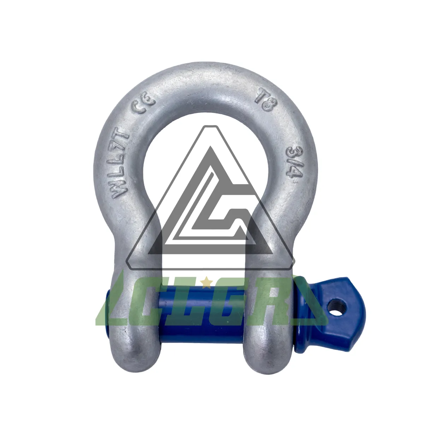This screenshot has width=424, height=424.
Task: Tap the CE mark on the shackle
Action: point(144,107)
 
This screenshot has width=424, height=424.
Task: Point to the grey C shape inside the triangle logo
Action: point(226,212)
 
